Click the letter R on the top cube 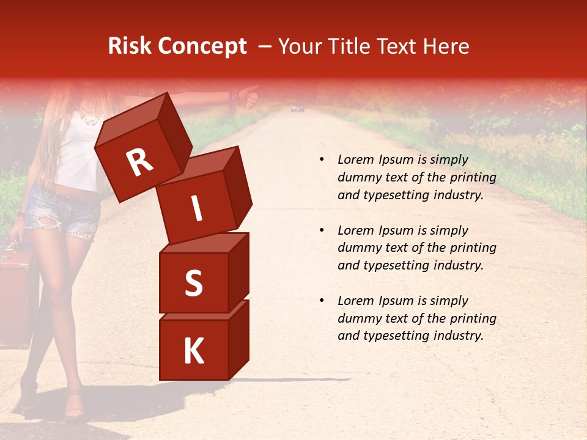pyautogui.click(x=139, y=163)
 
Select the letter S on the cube pyautogui.click(x=193, y=284)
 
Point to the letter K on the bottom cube pyautogui.click(x=193, y=351)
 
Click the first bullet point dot pyautogui.click(x=322, y=160)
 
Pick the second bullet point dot pyautogui.click(x=322, y=230)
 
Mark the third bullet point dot pyautogui.click(x=322, y=301)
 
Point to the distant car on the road pyautogui.click(x=297, y=108)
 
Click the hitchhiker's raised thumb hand pyautogui.click(x=249, y=97)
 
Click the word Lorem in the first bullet pyautogui.click(x=355, y=159)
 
